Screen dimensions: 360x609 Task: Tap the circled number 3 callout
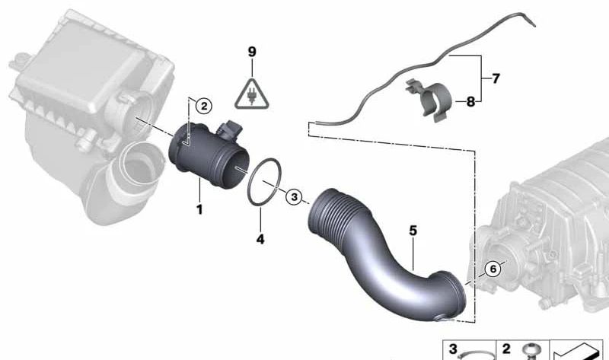295,196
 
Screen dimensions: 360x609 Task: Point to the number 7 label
496,78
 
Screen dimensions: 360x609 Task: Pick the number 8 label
470,100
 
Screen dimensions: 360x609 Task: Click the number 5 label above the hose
413,228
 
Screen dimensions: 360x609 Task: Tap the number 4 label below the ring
260,239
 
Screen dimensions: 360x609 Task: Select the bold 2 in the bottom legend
505,349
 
